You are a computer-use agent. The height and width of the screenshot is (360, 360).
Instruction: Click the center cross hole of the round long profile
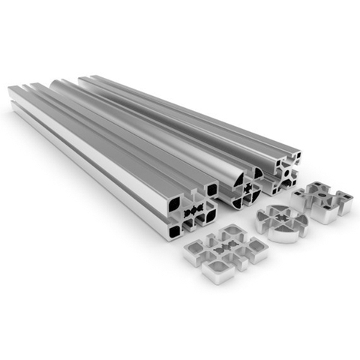pyautogui.click(x=242, y=187)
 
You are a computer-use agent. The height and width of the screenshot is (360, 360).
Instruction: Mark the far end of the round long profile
pyautogui.click(x=60, y=82)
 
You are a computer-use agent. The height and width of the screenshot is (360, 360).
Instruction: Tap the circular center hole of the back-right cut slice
pyautogui.click(x=323, y=197)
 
